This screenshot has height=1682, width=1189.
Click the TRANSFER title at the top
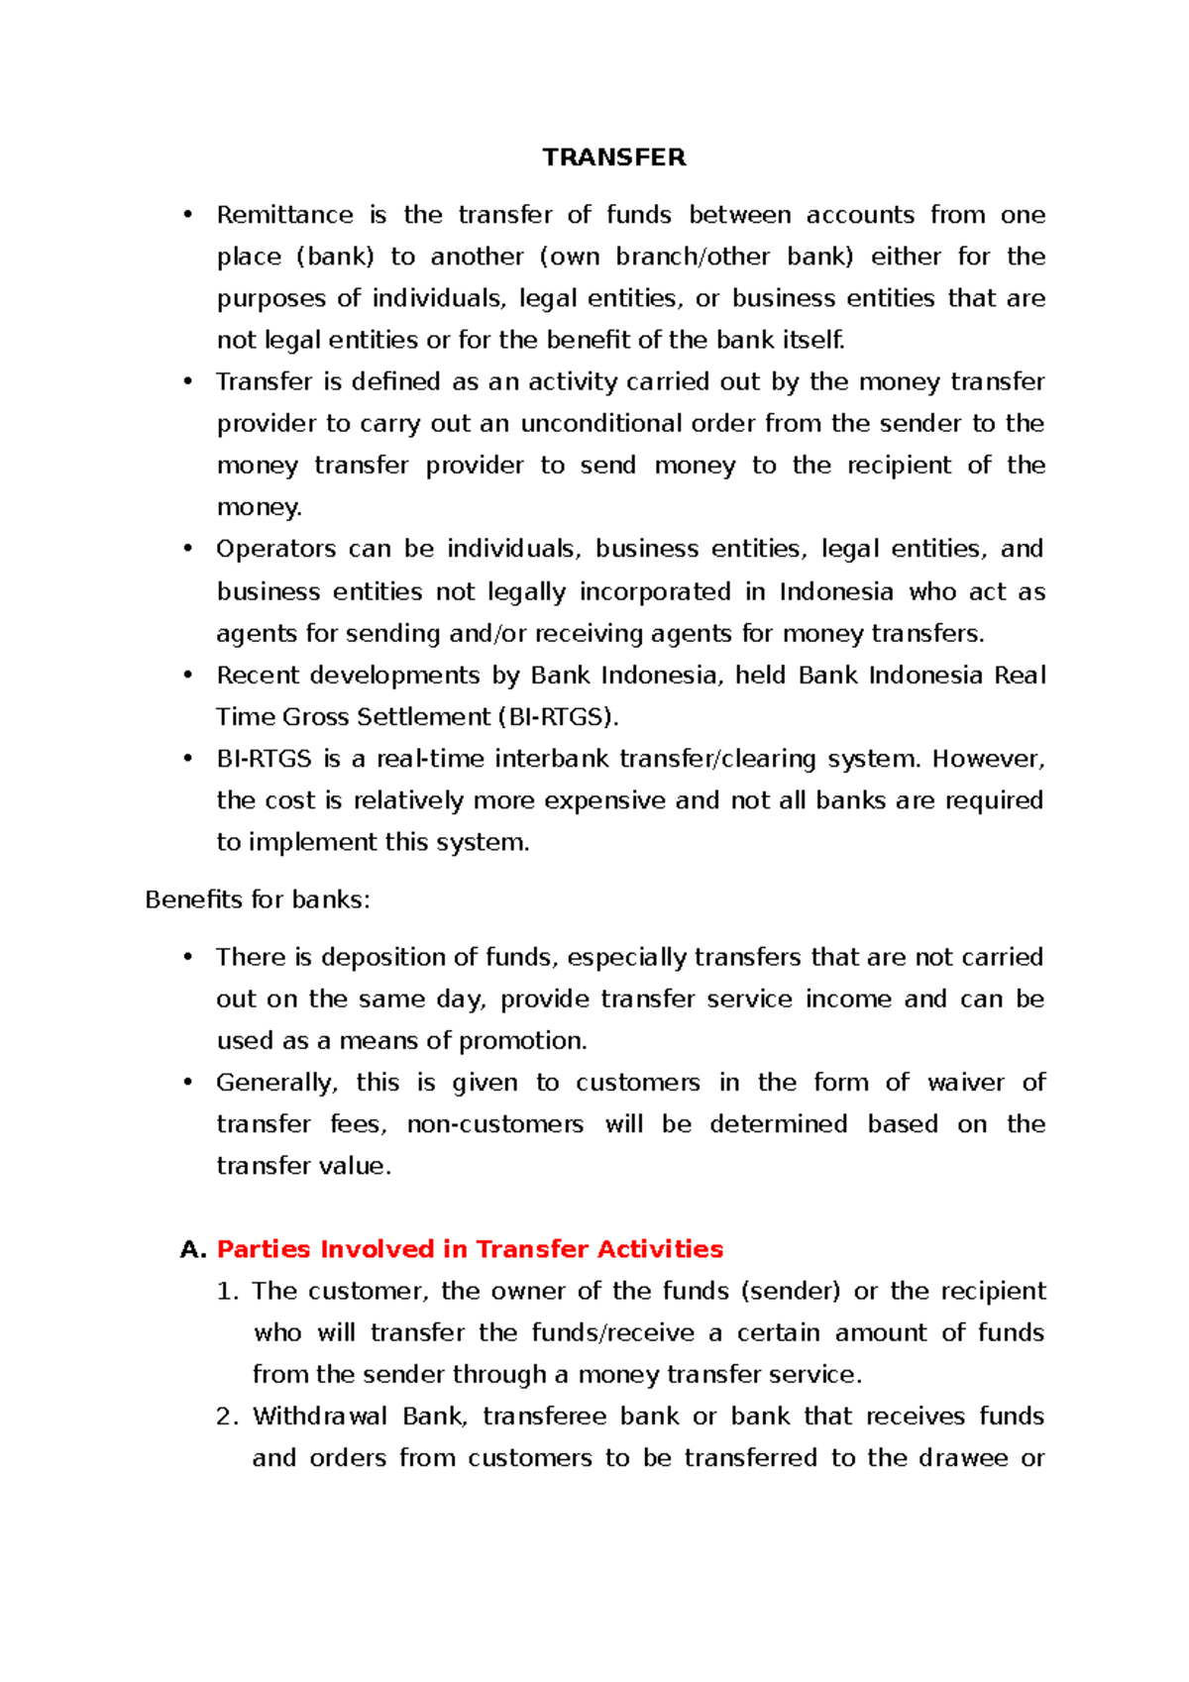point(613,158)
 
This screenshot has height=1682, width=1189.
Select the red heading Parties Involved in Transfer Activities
point(470,1248)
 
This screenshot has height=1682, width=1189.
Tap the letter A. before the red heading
point(192,1249)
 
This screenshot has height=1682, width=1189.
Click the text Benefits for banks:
point(257,899)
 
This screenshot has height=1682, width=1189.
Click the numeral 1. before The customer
point(227,1291)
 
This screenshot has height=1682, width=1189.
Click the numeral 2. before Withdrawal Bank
point(227,1417)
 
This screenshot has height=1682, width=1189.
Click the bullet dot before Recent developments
point(187,676)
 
